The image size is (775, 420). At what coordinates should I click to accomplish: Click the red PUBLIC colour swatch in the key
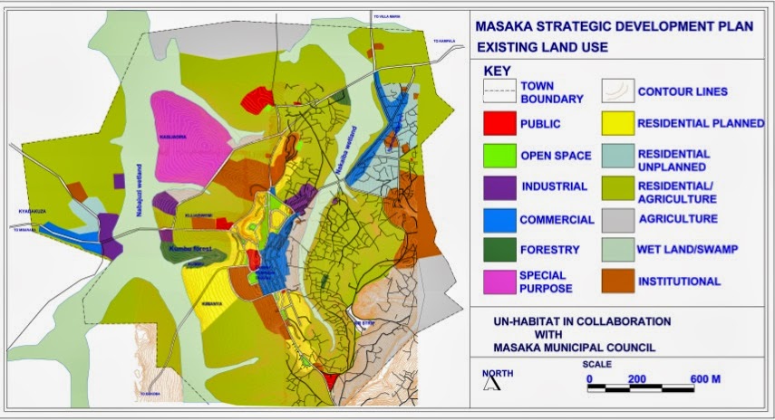[x=497, y=124]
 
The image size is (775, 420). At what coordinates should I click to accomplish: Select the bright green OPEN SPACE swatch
[x=497, y=155]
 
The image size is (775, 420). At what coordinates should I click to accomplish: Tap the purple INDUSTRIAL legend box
[x=497, y=187]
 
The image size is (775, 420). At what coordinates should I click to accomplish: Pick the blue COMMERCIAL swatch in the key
[x=497, y=219]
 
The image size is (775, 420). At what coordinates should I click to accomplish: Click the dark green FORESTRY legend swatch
[x=497, y=250]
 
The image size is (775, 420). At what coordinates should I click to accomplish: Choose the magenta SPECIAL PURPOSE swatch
[x=497, y=282]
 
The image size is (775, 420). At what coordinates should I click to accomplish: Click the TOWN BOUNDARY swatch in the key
[x=497, y=91]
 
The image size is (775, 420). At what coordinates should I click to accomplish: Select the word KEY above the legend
[x=498, y=70]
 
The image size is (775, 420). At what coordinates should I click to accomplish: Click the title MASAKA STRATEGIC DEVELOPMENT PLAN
[x=614, y=26]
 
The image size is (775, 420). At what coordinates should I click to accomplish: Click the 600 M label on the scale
[x=703, y=379]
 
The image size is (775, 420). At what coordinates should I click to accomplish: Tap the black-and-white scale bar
[x=644, y=388]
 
